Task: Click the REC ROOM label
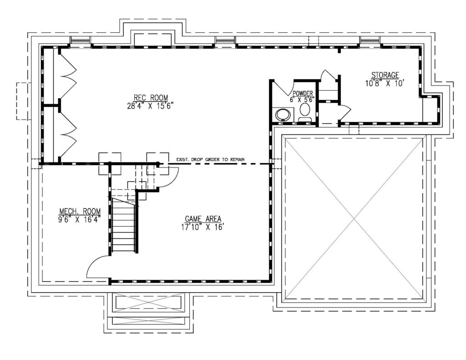(151, 97)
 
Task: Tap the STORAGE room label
(385, 75)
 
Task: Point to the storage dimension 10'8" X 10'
(385, 83)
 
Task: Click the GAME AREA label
(203, 218)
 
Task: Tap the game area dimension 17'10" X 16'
(203, 227)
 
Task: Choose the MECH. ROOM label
(79, 212)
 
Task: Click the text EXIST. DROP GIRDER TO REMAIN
(210, 160)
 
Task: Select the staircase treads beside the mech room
(123, 228)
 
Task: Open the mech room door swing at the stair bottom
(96, 266)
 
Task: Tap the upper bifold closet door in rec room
(68, 75)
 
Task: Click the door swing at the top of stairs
(169, 177)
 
